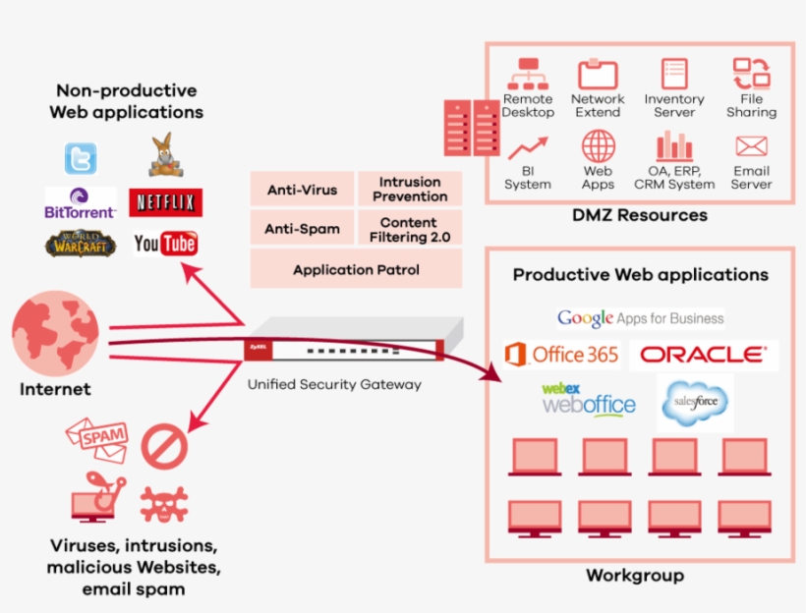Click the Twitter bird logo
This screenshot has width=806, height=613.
click(81, 158)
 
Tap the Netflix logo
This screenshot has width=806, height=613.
click(166, 203)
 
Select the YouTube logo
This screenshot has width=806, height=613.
click(165, 244)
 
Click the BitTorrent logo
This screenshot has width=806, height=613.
click(81, 203)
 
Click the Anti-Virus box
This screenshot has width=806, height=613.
click(302, 190)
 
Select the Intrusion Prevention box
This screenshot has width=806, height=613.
click(409, 190)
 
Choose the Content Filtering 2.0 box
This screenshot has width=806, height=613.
click(409, 229)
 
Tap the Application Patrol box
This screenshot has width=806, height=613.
click(356, 269)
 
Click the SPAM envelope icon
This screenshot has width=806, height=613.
click(97, 439)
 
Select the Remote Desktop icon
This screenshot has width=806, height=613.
click(528, 75)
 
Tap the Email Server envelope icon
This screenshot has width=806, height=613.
click(751, 147)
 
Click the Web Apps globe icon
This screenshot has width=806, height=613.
click(598, 146)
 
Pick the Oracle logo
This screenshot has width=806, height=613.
click(703, 355)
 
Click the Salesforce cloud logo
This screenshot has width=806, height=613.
click(695, 402)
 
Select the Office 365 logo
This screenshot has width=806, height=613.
click(561, 355)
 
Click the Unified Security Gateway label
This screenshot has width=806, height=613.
click(334, 384)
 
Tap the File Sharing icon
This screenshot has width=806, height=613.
click(751, 75)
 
